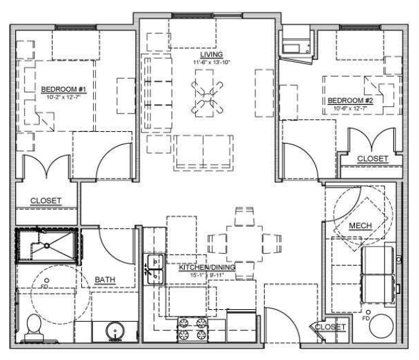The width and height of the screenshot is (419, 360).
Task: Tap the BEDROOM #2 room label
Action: tap(350, 101)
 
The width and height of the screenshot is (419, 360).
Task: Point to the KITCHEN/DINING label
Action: tap(207, 268)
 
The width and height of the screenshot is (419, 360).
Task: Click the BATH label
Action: tap(105, 280)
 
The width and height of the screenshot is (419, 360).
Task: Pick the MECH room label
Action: tap(360, 226)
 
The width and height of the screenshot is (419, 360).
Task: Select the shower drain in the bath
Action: tap(46, 245)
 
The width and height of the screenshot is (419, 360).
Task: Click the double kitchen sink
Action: tap(153, 268)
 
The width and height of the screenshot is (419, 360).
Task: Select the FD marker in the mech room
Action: tap(367, 314)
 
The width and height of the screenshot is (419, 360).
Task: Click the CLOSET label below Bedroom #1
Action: tap(46, 200)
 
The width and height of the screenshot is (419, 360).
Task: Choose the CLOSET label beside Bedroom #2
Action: tap(373, 159)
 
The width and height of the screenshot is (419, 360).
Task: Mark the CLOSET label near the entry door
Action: tap(331, 327)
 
